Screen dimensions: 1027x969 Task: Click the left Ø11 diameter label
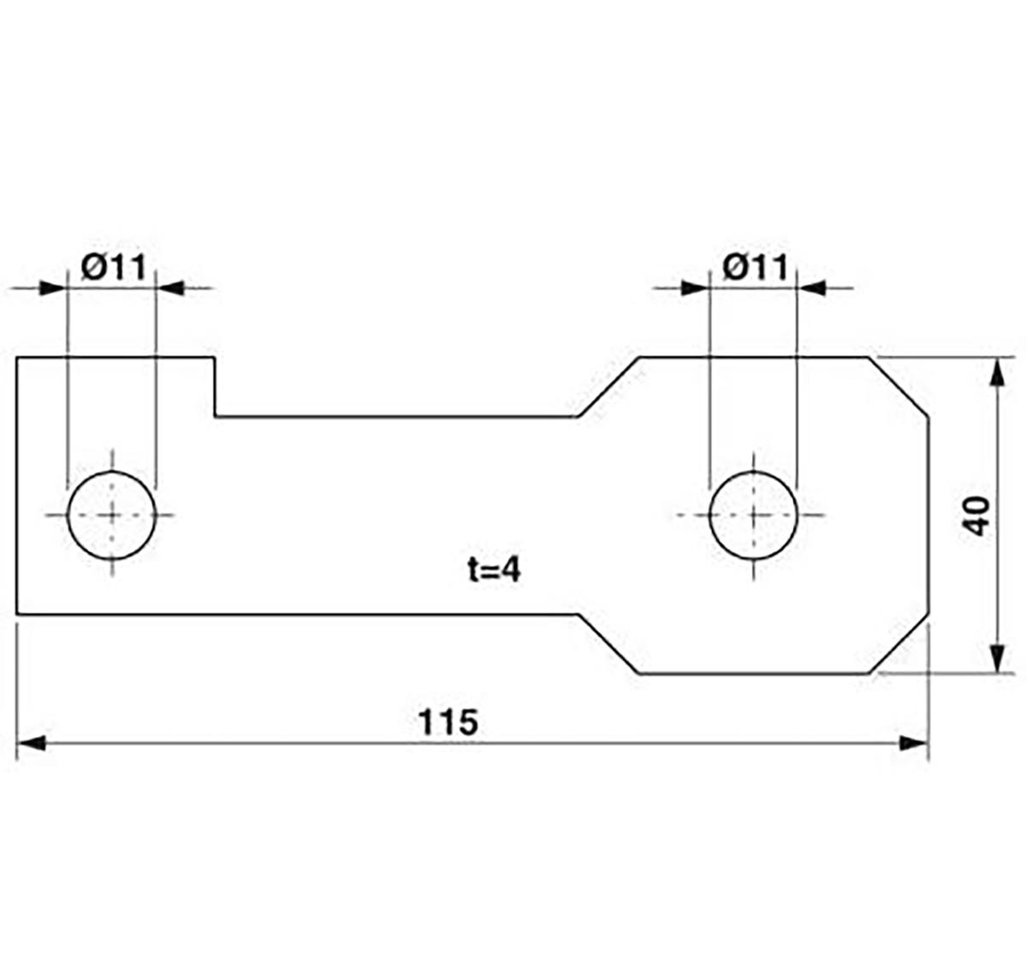coord(114,267)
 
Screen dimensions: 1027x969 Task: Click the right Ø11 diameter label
coord(756,267)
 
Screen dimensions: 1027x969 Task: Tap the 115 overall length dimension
coord(448,722)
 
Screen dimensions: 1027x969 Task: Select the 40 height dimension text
coord(978,516)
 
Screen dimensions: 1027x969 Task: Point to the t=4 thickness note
coord(495,571)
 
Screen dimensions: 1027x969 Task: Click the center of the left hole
coord(111,515)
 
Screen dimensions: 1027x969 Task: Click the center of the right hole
coord(753,515)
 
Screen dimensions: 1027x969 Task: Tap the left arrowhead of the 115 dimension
coord(31,744)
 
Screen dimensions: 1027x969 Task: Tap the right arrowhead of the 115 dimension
coord(914,744)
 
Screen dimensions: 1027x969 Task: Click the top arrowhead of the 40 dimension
coord(998,372)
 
